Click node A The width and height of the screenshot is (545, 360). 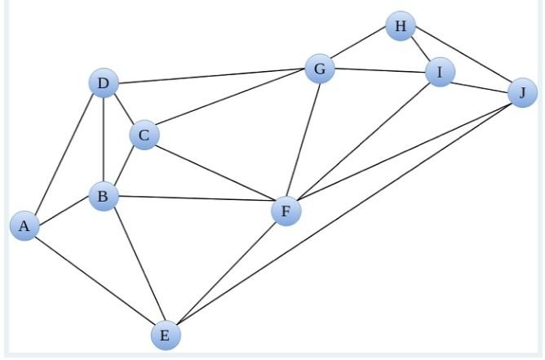(x=24, y=225)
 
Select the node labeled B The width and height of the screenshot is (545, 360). (x=103, y=196)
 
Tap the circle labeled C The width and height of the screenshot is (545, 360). (x=144, y=136)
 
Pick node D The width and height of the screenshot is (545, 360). (x=103, y=83)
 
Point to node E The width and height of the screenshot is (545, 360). (x=165, y=335)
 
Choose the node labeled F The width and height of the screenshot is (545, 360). (x=286, y=212)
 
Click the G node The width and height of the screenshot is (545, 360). (x=319, y=69)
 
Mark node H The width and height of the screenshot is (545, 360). (x=400, y=27)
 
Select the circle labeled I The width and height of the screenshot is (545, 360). (x=440, y=73)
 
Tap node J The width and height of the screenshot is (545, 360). (x=522, y=93)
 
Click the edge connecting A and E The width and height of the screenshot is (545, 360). (x=95, y=280)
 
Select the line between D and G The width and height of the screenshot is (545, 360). (x=210, y=77)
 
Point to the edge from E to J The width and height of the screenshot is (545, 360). (x=343, y=214)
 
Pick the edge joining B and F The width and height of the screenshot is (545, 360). (x=194, y=204)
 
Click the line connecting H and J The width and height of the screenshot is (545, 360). (x=461, y=60)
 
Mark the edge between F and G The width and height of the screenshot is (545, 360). (x=302, y=140)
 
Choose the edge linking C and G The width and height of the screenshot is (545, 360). (x=231, y=103)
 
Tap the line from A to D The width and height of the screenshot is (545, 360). (x=64, y=154)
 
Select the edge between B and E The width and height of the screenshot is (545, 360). (x=134, y=265)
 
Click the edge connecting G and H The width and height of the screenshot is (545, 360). (x=359, y=48)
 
